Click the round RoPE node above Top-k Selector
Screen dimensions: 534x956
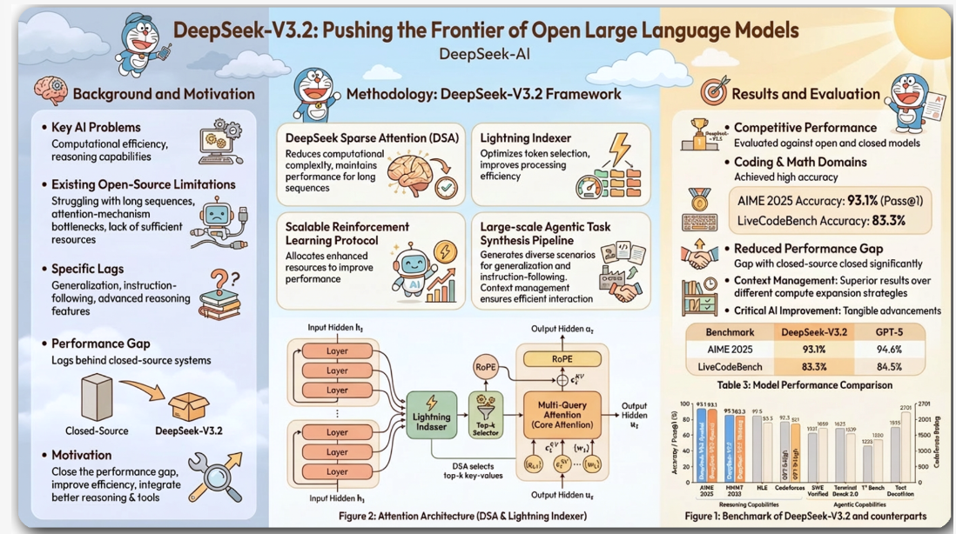click(x=485, y=367)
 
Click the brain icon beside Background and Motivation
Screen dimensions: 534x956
click(x=50, y=91)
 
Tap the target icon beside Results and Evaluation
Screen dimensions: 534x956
click(x=713, y=92)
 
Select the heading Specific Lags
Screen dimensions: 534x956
click(x=87, y=269)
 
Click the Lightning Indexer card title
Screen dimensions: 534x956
click(x=527, y=137)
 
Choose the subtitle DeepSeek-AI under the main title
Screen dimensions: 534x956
click(x=485, y=54)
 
